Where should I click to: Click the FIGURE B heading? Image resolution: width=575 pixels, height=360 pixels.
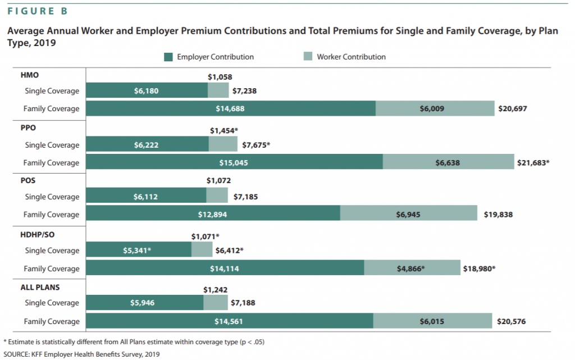(38, 11)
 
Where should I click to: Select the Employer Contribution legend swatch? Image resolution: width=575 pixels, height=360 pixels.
(168, 57)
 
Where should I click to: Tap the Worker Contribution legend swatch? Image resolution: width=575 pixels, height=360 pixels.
(308, 57)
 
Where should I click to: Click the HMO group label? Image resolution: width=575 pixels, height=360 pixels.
(29, 75)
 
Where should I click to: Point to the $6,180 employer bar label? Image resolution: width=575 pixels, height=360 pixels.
(147, 91)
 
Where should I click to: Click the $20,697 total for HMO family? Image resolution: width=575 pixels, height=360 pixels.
(513, 108)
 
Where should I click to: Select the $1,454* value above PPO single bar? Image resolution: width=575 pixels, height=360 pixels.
(224, 130)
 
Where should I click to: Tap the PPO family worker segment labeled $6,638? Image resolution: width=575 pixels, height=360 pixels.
(449, 162)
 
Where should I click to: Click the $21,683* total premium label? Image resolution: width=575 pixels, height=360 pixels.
(533, 163)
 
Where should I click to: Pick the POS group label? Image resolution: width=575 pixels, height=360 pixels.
(28, 181)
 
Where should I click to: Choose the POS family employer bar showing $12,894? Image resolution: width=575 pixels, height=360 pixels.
(213, 213)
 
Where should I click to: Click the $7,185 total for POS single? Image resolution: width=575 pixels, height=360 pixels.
(246, 197)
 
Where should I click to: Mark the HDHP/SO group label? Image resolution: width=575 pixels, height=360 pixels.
(38, 235)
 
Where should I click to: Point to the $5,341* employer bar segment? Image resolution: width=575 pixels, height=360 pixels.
(139, 249)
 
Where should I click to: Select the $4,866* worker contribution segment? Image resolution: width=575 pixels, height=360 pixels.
(412, 268)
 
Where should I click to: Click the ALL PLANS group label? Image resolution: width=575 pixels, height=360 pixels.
(40, 288)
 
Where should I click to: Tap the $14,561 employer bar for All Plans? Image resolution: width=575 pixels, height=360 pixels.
(230, 321)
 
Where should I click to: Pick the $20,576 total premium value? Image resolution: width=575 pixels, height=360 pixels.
(511, 321)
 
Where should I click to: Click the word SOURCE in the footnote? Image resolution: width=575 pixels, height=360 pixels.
(16, 354)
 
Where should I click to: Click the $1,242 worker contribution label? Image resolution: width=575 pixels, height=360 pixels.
(215, 290)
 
